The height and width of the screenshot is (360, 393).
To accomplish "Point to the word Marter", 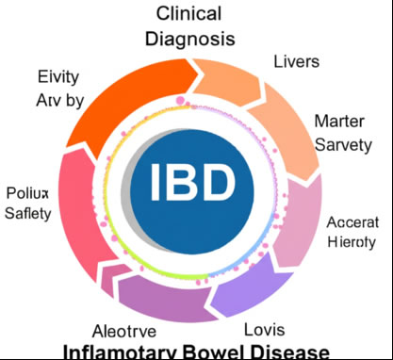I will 343,121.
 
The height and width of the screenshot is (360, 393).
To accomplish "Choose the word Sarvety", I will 343,144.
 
